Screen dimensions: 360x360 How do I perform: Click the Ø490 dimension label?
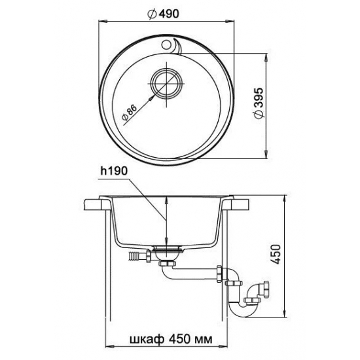tap(163, 14)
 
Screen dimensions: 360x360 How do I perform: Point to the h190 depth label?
tap(114, 171)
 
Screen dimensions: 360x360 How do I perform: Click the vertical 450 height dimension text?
tap(277, 255)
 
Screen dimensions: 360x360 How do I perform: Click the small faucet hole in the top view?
tap(166, 45)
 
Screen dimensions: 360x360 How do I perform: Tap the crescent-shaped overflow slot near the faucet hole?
tap(177, 47)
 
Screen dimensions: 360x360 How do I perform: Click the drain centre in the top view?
tap(166, 84)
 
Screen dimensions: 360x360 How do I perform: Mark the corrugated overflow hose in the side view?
tap(134, 256)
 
